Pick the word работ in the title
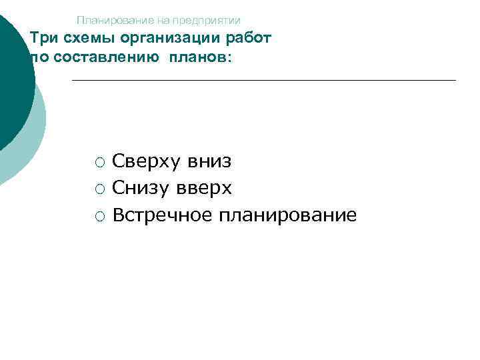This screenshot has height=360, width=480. (x=249, y=38)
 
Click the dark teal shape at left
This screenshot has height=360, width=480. (x=13, y=80)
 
